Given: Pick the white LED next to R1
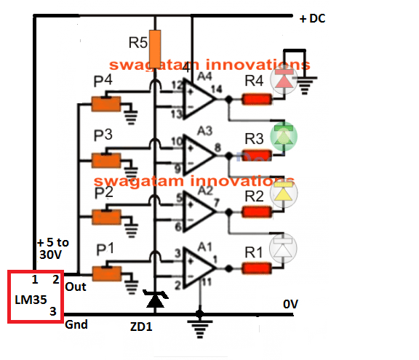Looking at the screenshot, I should click(x=283, y=248).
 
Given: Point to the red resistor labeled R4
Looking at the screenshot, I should click(x=255, y=99).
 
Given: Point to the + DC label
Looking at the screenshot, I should click(x=314, y=18).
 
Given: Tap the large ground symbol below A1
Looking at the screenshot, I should click(x=196, y=325).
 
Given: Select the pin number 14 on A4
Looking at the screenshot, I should click(x=216, y=88).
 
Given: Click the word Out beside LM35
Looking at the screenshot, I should click(x=76, y=287).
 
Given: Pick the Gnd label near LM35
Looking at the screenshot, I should click(x=76, y=324).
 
